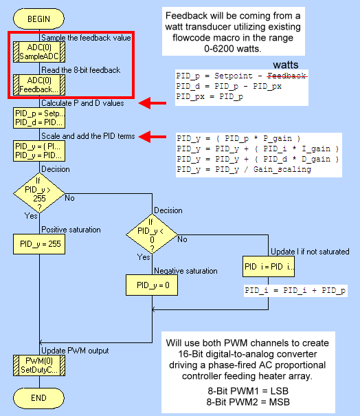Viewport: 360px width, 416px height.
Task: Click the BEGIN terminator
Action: (x=38, y=19)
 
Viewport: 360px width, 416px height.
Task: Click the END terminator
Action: (x=38, y=398)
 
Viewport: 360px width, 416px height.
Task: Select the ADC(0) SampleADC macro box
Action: (x=39, y=52)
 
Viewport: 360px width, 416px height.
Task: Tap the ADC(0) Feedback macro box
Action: (x=39, y=85)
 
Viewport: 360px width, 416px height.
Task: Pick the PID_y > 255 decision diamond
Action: (x=39, y=193)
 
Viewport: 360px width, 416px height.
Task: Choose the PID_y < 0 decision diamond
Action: (x=152, y=234)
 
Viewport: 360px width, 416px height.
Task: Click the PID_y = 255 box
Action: (x=39, y=244)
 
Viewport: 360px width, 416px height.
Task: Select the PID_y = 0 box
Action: (x=152, y=285)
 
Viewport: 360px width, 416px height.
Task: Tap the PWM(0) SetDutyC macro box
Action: (x=39, y=365)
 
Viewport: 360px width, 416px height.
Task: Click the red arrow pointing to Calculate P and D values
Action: (x=153, y=103)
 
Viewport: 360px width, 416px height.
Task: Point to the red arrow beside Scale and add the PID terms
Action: (x=153, y=137)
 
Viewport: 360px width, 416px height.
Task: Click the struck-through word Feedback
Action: (x=287, y=76)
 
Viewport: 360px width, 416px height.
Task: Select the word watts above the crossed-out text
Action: (x=286, y=65)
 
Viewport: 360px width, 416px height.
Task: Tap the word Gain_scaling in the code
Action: (x=282, y=170)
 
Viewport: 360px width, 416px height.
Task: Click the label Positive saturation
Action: (x=71, y=230)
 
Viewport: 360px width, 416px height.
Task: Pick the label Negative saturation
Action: (x=185, y=271)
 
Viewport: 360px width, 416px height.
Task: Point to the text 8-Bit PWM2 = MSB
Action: (x=248, y=402)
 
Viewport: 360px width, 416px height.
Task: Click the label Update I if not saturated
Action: (x=310, y=252)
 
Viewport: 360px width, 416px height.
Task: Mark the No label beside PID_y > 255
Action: (x=69, y=198)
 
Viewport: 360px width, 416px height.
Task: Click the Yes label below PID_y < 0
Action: (x=144, y=256)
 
